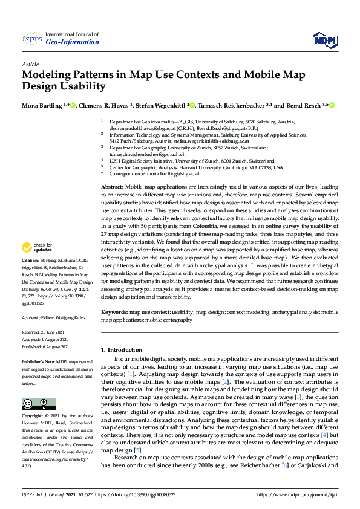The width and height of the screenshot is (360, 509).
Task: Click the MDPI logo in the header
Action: coord(323,39)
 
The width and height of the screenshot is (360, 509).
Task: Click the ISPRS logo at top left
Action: coord(31,39)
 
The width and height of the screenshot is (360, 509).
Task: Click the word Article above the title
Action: coord(30,64)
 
